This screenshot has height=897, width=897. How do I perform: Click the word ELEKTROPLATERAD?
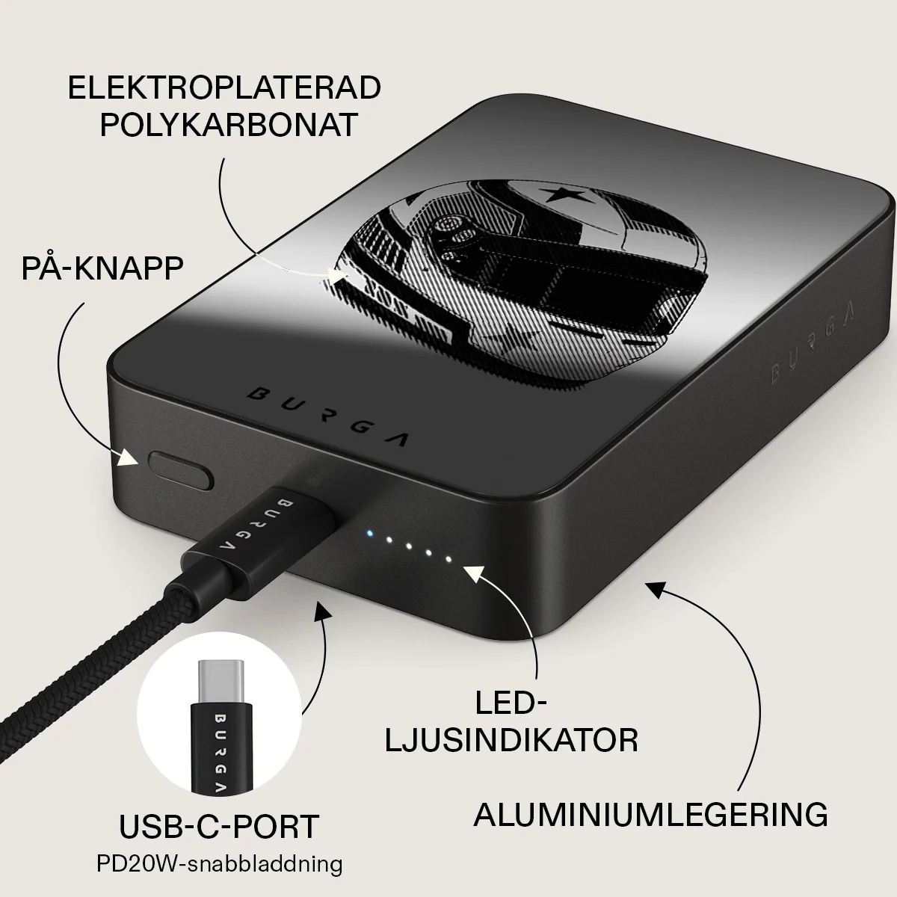tap(224, 87)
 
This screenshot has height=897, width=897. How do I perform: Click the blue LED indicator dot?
tap(369, 534)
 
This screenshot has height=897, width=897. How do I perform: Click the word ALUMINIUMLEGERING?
tap(651, 827)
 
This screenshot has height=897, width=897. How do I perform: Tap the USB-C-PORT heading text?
tap(219, 826)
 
